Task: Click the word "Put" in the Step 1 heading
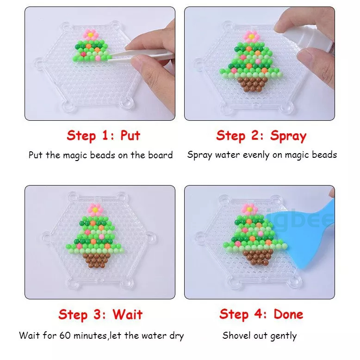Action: [130, 135]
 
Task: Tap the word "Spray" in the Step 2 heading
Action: [288, 136]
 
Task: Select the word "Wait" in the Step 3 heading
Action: [128, 314]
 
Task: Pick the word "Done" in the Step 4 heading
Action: [288, 314]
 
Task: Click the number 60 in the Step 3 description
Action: [65, 335]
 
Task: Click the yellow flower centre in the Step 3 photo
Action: [95, 210]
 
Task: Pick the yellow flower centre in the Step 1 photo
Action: [90, 35]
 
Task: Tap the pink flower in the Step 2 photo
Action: [251, 37]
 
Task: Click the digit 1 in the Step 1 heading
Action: [105, 135]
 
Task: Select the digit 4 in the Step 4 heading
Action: [258, 314]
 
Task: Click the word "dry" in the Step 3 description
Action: [177, 336]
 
